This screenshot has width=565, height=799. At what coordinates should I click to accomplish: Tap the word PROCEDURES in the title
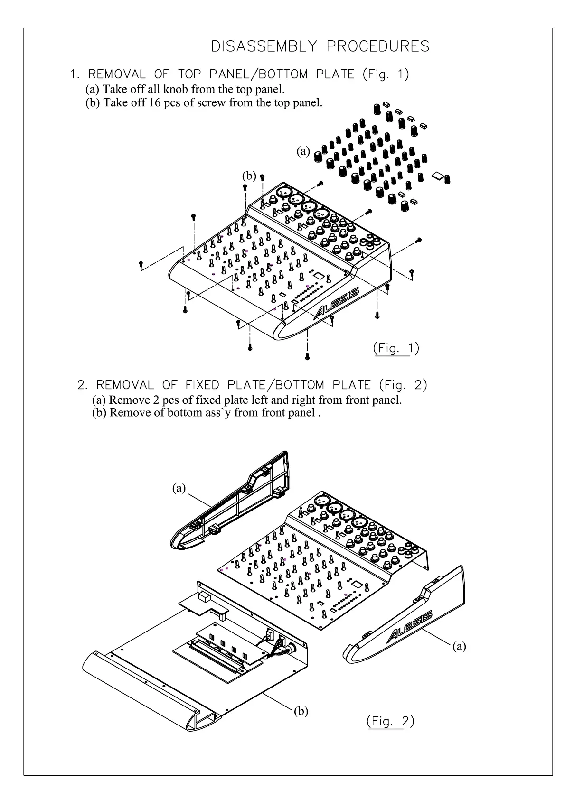click(378, 46)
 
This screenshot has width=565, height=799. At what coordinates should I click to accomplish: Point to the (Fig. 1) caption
click(396, 348)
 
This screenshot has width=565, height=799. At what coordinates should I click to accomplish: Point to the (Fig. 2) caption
click(390, 721)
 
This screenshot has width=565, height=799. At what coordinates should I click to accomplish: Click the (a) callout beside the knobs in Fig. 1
click(303, 151)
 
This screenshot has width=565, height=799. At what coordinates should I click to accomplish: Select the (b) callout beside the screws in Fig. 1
click(249, 176)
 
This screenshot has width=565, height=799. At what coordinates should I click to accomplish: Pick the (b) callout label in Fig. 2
click(301, 711)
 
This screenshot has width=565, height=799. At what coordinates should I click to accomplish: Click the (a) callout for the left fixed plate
click(179, 488)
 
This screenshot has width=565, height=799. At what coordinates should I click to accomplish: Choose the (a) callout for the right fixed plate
click(459, 646)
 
